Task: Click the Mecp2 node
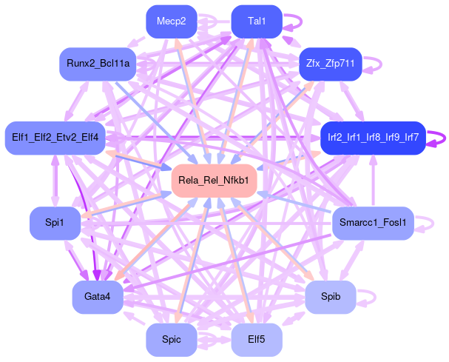point(171,21)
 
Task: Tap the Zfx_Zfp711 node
point(329,64)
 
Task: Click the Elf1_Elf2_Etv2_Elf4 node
point(56,138)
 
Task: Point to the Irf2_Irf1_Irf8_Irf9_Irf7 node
point(373,138)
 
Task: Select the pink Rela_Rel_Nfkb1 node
point(215,181)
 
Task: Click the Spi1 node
point(55,223)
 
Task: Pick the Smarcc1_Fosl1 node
point(372,223)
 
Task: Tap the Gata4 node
point(97,297)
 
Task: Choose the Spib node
point(331,297)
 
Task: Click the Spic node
point(172,340)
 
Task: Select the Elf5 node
point(257,340)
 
